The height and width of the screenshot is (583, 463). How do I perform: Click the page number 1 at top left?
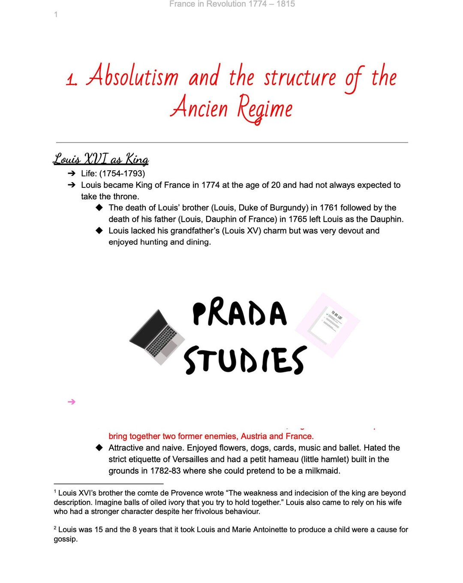(56, 15)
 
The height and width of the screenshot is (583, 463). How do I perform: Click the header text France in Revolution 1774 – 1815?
(232, 4)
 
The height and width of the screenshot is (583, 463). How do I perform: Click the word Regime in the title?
(265, 108)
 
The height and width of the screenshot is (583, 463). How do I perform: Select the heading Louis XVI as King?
(101, 159)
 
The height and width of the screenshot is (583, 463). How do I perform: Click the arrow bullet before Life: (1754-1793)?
(71, 174)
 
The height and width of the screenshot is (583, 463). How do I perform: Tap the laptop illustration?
(158, 337)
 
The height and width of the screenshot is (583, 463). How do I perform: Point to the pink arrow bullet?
(72, 402)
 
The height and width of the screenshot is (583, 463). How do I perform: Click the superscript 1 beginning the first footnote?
(55, 492)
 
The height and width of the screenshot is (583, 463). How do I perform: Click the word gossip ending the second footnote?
(65, 539)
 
